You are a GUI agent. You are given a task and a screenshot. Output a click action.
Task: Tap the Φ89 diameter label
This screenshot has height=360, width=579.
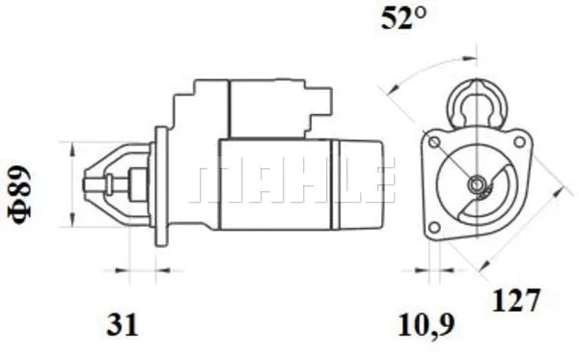coord(19,195)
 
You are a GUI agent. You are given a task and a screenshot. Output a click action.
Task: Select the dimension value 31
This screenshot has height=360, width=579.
coord(122,324)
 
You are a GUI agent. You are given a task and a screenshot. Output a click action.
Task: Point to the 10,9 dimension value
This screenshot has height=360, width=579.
coord(427,325)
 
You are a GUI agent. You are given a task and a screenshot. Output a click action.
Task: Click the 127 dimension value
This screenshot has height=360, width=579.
coord(516,299)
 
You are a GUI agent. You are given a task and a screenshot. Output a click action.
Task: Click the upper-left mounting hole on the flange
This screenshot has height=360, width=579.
coord(434,142)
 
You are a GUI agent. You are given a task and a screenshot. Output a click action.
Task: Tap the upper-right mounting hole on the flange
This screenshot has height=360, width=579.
coord(519,141)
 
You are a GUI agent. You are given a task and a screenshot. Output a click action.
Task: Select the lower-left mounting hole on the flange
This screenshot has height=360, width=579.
coord(434,228)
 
